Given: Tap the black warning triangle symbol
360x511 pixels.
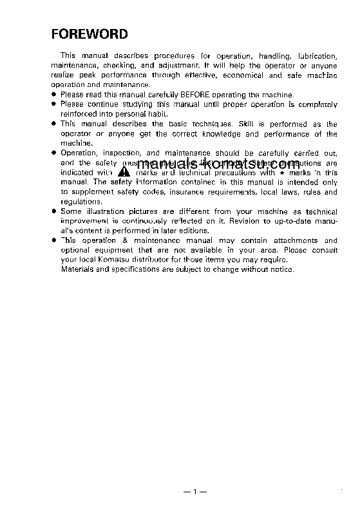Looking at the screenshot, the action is (124, 173).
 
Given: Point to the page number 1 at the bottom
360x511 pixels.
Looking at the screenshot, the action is (193, 492).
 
